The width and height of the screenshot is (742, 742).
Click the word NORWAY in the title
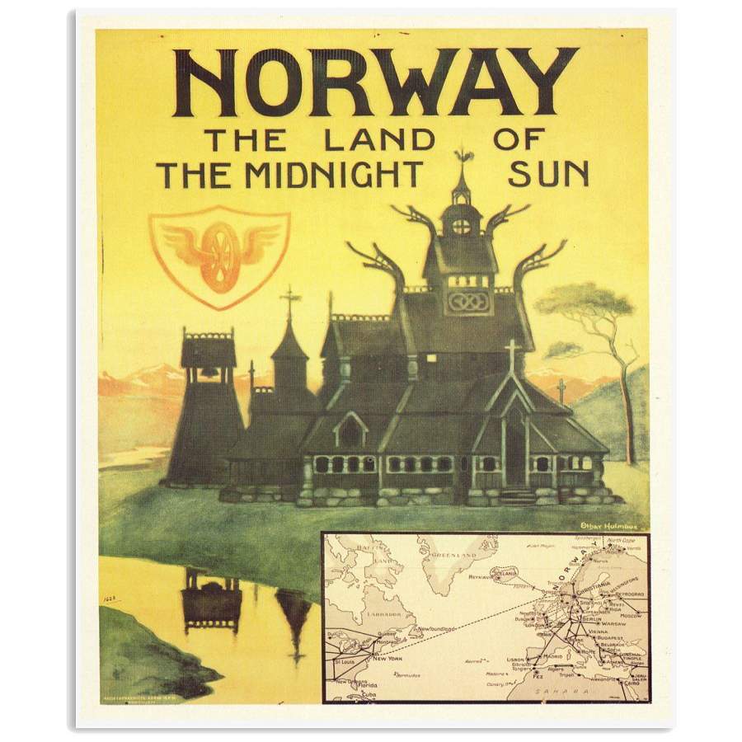pyautogui.click(x=375, y=82)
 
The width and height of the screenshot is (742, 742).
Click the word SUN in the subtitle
pyautogui.click(x=547, y=174)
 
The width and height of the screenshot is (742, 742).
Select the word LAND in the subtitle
pyautogui.click(x=378, y=139)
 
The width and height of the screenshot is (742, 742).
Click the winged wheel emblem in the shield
pyautogui.click(x=219, y=256)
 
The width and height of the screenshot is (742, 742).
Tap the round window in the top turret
pyautogui.click(x=462, y=226)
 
